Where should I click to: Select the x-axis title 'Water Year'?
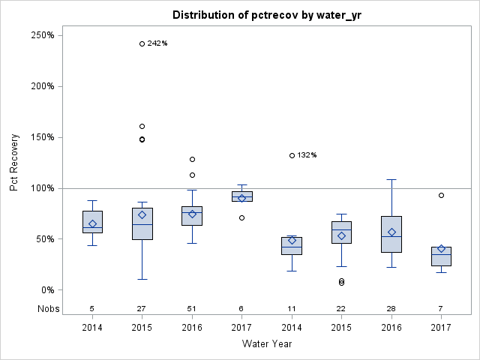tap(267, 343)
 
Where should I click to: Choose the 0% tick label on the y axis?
tap(46, 290)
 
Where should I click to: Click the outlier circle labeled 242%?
tap(142, 43)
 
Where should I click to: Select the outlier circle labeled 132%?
tap(292, 155)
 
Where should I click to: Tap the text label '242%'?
tap(157, 43)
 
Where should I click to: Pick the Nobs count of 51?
tap(192, 308)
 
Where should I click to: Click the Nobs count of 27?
tap(142, 308)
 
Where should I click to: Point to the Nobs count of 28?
tap(391, 308)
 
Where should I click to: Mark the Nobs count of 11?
tap(292, 308)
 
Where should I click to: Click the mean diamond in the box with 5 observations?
tap(92, 223)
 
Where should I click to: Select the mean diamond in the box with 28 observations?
tap(391, 232)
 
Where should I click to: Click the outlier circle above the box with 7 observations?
tap(441, 195)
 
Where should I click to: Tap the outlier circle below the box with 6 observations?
tap(241, 217)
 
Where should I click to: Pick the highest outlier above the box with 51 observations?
tap(192, 159)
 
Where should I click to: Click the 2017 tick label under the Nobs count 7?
tap(441, 328)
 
